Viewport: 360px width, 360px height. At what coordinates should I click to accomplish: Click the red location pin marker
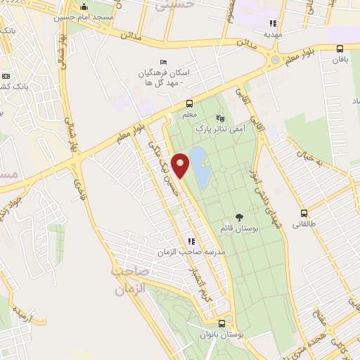point(181,165)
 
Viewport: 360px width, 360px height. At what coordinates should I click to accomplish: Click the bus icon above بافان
point(340,49)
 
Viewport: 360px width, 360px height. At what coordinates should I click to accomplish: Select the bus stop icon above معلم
point(188,104)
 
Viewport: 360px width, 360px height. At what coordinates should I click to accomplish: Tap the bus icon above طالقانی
point(304,213)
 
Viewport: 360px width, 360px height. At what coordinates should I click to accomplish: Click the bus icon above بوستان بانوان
point(222,323)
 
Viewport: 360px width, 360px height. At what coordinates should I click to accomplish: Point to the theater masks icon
point(221,118)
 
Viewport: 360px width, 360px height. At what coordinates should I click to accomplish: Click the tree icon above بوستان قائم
point(240,217)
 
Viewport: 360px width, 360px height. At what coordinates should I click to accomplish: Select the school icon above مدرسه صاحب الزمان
point(191,241)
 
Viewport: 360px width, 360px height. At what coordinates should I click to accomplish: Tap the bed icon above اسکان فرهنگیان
point(164,62)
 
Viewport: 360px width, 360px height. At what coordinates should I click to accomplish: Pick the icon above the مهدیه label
point(272,22)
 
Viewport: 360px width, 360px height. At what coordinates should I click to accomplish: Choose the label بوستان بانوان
point(224,335)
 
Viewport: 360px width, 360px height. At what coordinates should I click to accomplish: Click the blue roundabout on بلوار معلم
point(273,60)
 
